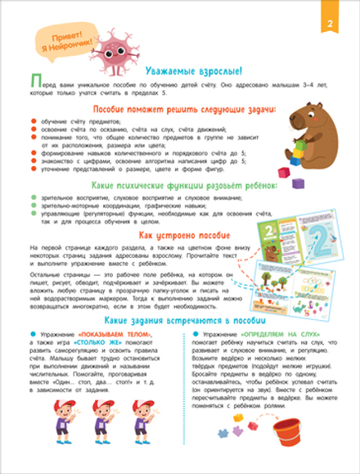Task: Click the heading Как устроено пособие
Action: point(179,235)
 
